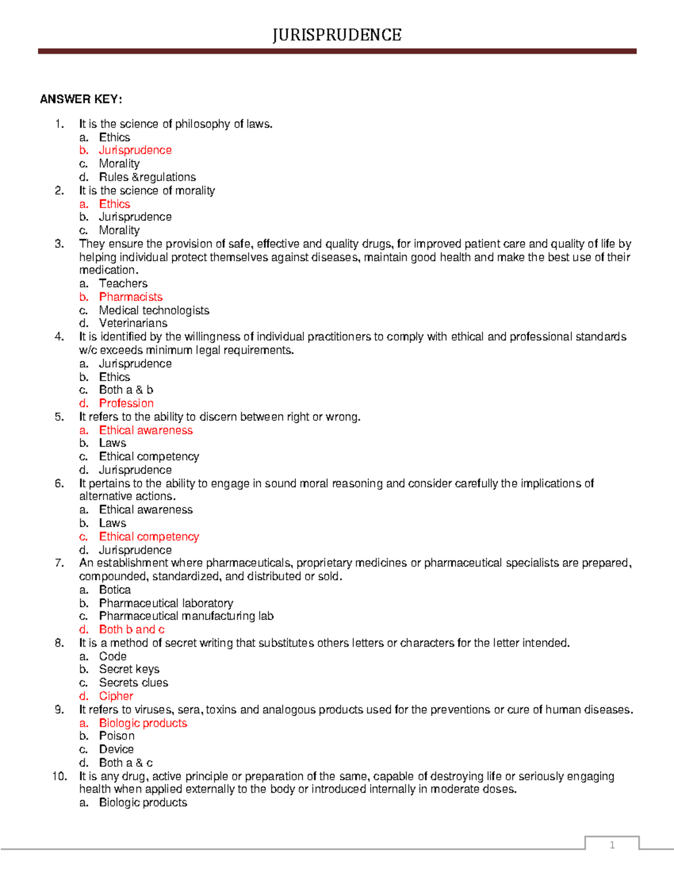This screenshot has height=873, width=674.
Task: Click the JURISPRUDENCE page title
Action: click(337, 35)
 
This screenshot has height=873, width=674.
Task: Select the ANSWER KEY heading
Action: click(81, 99)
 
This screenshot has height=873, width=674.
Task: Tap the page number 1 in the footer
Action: click(612, 845)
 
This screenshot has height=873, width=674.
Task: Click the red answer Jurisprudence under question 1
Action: click(135, 150)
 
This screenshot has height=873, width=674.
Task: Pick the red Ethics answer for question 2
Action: click(115, 204)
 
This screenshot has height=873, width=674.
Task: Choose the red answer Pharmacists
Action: click(131, 297)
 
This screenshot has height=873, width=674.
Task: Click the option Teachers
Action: click(123, 283)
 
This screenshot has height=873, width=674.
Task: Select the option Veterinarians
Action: click(133, 323)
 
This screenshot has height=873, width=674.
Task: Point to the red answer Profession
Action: click(126, 403)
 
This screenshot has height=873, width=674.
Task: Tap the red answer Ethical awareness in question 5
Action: click(146, 430)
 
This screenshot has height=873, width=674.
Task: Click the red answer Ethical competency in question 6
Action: click(149, 536)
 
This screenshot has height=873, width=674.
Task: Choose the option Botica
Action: click(115, 590)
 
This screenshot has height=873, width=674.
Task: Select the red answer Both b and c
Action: click(132, 630)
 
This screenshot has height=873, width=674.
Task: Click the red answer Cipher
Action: click(116, 696)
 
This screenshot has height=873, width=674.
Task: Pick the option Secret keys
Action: click(129, 669)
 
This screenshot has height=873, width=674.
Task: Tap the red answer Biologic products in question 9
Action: click(143, 723)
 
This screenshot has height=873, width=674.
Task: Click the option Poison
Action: click(117, 736)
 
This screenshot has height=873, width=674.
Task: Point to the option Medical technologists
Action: click(154, 310)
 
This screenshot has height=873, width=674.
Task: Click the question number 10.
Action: click(59, 776)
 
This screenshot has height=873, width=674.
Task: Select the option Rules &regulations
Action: click(147, 177)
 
